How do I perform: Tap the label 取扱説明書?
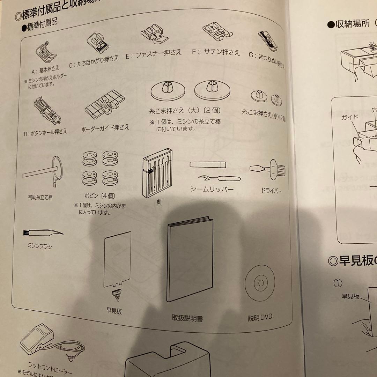coord(187,318)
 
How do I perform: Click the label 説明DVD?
coord(260,317)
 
